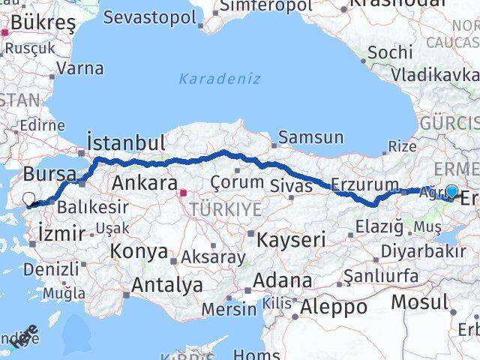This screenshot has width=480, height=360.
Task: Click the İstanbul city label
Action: (126, 142)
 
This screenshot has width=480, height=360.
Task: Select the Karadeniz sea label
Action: (220, 78)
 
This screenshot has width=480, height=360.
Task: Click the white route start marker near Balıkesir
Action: (29, 199)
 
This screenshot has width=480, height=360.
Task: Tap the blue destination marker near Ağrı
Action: (451, 191)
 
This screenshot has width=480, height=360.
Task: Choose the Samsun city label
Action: (310, 137)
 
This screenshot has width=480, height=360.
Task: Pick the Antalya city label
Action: (166, 284)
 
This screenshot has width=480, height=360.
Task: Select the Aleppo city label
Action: (334, 306)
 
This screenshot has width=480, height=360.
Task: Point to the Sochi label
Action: (390, 52)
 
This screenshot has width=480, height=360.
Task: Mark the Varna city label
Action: (79, 69)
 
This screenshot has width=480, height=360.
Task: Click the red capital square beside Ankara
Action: (182, 192)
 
